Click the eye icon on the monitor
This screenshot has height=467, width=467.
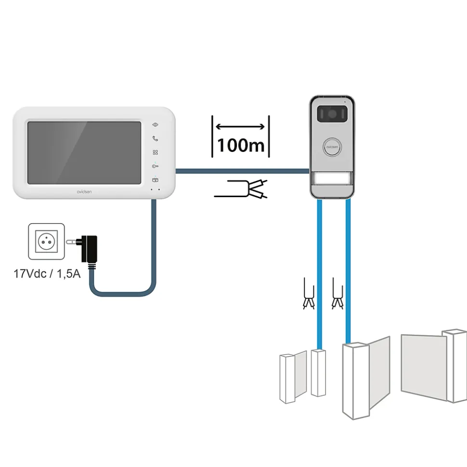[155, 125]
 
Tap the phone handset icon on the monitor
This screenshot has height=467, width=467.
[155, 139]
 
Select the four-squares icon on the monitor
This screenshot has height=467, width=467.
[155, 152]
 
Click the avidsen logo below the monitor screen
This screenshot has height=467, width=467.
[84, 192]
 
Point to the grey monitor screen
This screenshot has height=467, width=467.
[84, 152]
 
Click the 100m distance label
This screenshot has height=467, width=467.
[241, 145]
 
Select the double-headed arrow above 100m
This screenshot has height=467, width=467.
[240, 126]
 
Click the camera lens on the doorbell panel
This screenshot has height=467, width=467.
[332, 114]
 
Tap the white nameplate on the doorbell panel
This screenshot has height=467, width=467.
[332, 179]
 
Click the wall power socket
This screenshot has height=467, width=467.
[46, 241]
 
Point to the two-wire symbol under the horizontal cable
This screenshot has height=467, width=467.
[241, 189]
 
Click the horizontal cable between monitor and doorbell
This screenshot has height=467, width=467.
[243, 171]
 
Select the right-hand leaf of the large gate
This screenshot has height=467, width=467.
[434, 366]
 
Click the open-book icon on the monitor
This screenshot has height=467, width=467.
[155, 180]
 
